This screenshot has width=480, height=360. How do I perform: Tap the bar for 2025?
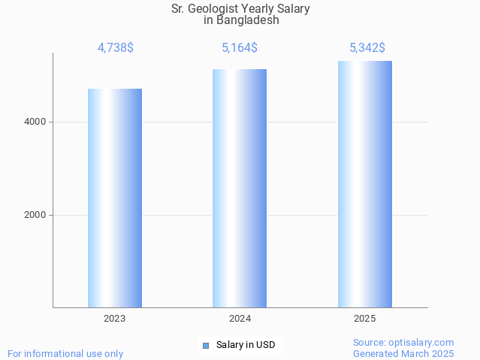click(x=364, y=184)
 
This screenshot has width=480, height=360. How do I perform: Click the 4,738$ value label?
click(x=115, y=48)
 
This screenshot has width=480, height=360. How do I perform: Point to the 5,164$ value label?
click(x=240, y=48)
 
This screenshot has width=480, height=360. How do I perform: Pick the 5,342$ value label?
click(x=367, y=48)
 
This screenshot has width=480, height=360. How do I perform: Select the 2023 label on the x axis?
click(x=115, y=319)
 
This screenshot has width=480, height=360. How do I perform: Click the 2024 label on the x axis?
click(x=240, y=319)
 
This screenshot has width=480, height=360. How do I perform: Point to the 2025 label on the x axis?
click(x=364, y=319)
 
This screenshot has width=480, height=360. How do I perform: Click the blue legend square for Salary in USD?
click(x=206, y=346)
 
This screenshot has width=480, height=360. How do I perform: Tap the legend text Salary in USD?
click(x=246, y=346)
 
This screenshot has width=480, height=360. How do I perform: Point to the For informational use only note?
click(x=65, y=354)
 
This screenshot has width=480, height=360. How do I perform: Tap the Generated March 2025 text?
click(x=403, y=354)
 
